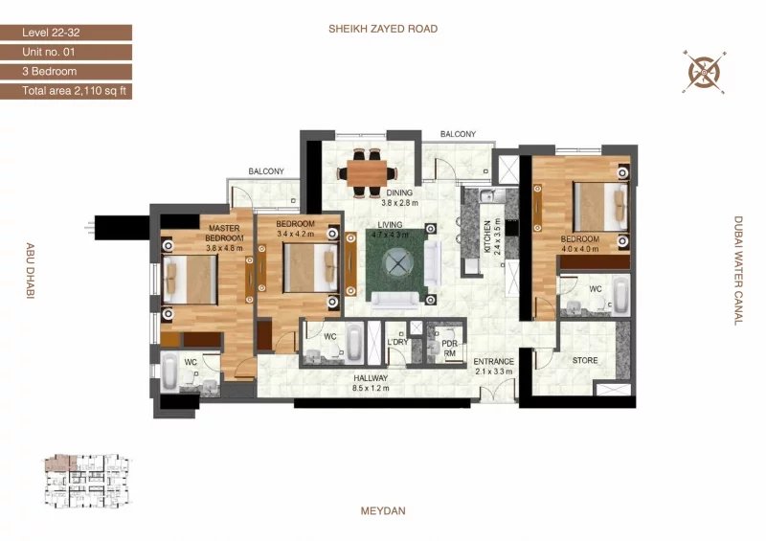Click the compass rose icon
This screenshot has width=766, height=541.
(x=704, y=72)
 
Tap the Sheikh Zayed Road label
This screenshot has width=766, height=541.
(x=383, y=29)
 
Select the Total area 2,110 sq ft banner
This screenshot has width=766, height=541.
(x=66, y=91)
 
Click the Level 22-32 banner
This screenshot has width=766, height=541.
(x=66, y=33)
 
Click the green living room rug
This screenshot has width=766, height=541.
(x=396, y=264)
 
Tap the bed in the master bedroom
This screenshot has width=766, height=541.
(x=190, y=280)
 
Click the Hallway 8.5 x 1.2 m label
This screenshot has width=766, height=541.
(x=371, y=383)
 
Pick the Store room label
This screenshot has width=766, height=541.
(x=585, y=360)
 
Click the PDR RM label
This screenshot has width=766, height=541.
(x=449, y=349)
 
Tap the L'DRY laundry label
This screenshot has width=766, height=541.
(x=397, y=342)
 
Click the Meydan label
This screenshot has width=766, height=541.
(x=383, y=511)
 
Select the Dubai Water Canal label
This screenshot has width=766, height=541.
(x=738, y=271)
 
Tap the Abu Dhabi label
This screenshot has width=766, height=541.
(x=30, y=271)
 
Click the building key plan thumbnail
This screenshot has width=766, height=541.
(x=88, y=482)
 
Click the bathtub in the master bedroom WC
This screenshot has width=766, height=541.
(x=169, y=372)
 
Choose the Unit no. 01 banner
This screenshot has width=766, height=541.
(x=66, y=53)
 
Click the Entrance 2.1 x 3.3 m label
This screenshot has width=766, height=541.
(x=493, y=366)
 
